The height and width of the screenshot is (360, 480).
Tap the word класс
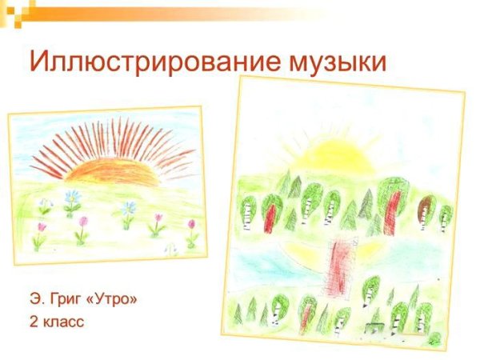pyautogui.click(x=64, y=322)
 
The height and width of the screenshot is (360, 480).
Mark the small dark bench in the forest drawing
pyautogui.click(x=373, y=327)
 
